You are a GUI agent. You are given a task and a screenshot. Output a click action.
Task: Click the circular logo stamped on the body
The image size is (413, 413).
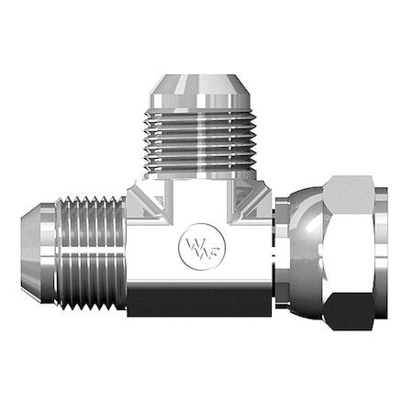(198, 247)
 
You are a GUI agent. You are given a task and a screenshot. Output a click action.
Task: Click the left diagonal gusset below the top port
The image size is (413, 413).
(141, 197)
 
